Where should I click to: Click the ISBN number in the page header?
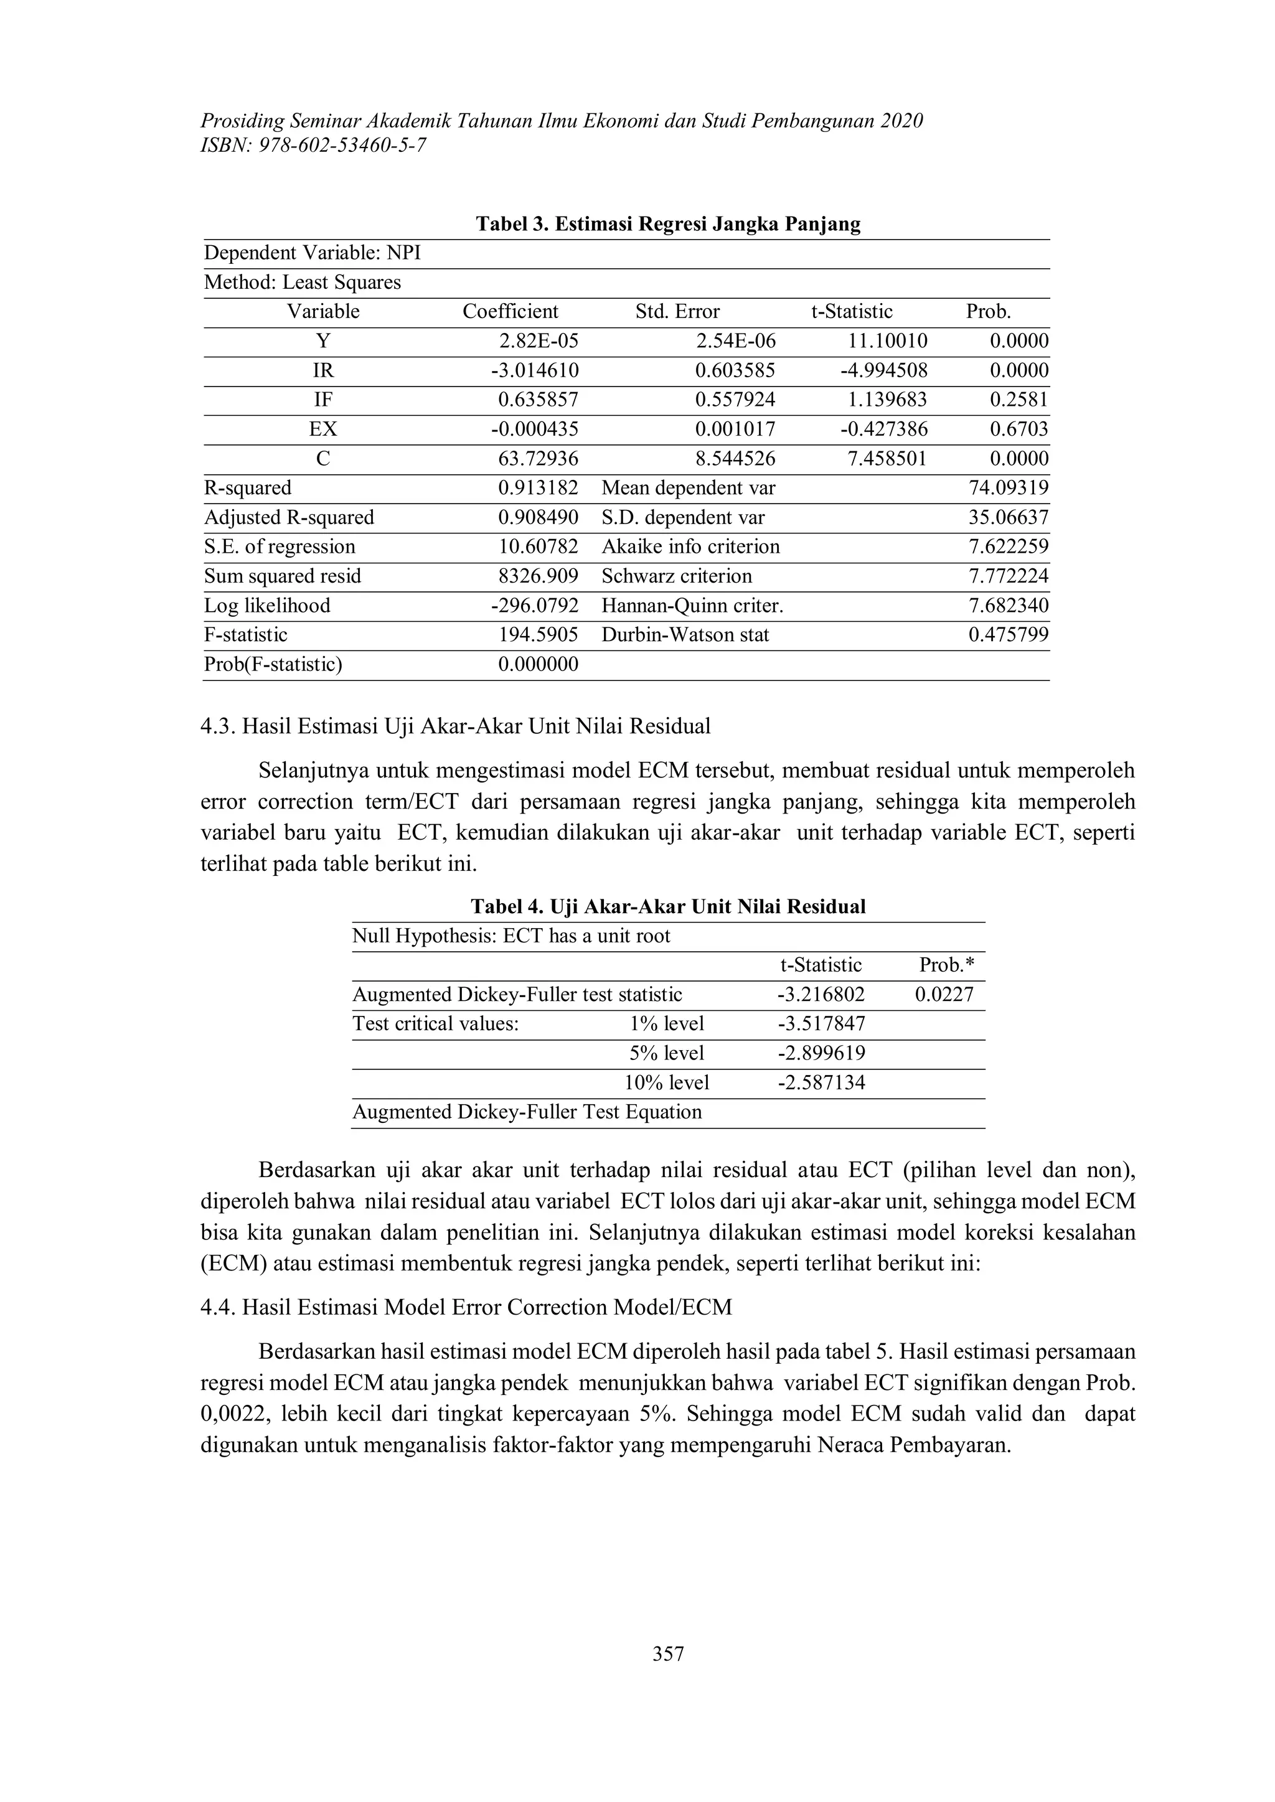314,145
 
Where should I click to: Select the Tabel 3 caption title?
668,225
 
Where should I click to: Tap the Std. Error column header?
677,312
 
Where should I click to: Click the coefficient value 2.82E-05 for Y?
539,340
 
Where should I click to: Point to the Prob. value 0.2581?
1019,400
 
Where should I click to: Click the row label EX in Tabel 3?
322,429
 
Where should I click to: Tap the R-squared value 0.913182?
538,488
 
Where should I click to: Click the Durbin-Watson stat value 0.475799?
1008,635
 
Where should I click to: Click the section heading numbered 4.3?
455,726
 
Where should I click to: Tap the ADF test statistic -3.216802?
821,995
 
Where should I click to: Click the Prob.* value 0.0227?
944,995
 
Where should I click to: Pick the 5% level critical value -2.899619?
821,1053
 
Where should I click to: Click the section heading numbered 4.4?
466,1308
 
